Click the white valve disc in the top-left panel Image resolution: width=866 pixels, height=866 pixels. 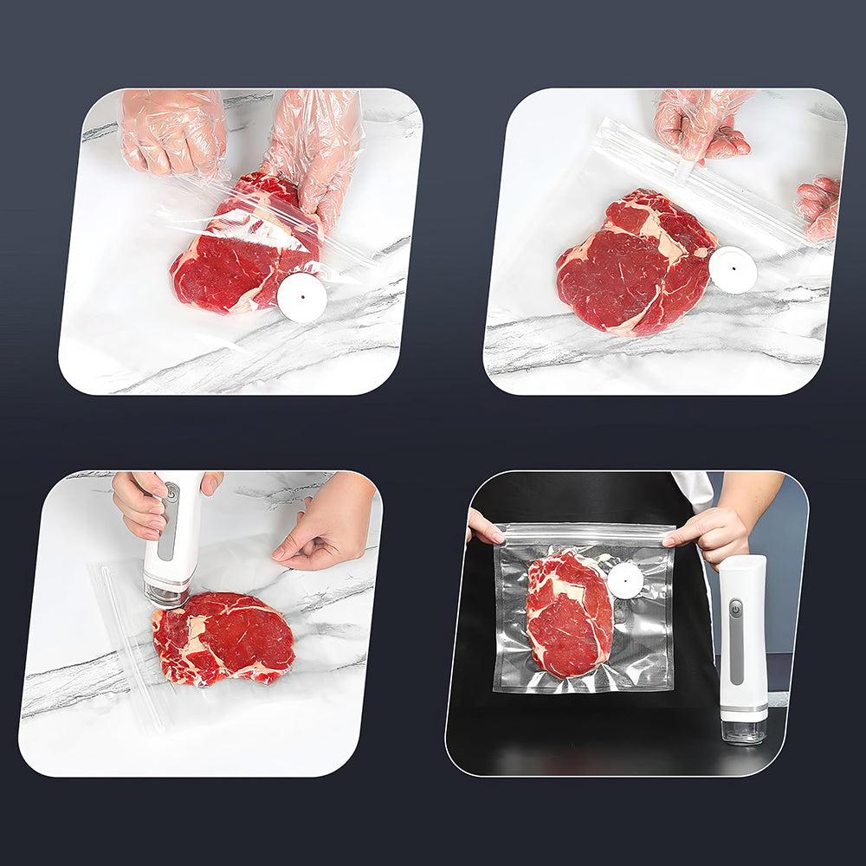(302, 298)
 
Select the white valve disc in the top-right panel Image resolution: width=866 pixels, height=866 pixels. (733, 269)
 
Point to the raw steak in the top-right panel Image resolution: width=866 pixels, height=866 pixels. (637, 260)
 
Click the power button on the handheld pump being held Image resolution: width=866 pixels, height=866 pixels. (171, 492)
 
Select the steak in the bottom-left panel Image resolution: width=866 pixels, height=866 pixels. (223, 637)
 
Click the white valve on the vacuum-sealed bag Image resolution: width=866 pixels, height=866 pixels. (624, 580)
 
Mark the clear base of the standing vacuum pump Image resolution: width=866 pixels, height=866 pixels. (744, 729)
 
